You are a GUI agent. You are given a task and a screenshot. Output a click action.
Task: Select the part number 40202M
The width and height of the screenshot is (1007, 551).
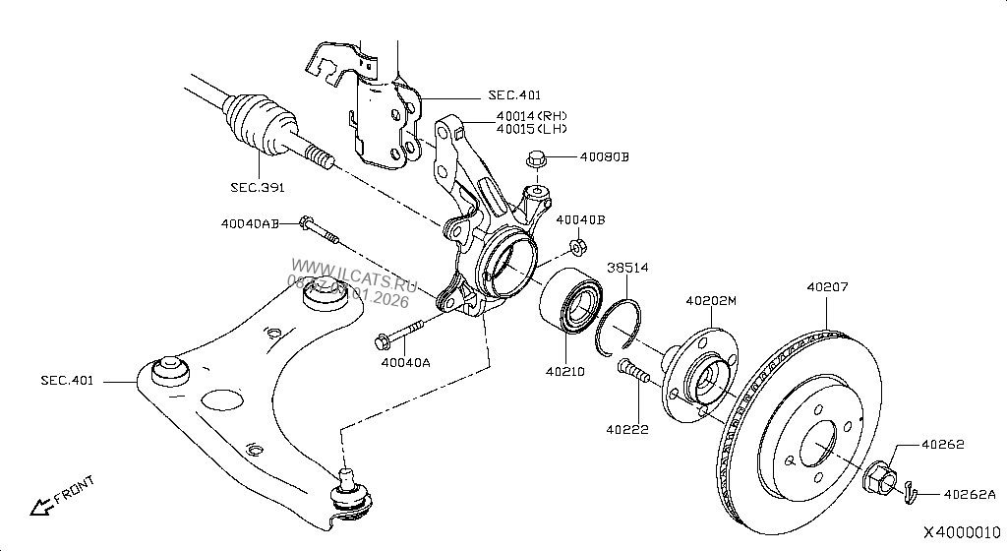coord(710,301)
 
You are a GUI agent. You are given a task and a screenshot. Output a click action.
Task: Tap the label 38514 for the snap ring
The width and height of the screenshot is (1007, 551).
coord(626,268)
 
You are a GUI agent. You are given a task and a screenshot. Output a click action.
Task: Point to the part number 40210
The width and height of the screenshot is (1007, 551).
coord(565,372)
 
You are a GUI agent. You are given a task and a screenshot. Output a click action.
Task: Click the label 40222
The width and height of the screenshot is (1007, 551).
coord(626,429)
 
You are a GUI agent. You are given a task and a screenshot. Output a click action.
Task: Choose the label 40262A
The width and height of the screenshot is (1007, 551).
coord(970,494)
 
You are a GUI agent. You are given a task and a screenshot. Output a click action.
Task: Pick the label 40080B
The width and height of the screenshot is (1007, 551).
coord(603,156)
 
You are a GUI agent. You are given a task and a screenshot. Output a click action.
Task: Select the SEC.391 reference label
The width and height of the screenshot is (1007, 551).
coord(258,187)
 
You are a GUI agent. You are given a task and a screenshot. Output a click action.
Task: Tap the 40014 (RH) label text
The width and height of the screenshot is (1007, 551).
coord(531,116)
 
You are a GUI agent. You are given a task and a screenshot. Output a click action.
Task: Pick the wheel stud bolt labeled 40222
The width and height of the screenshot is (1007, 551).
coord(634,374)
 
